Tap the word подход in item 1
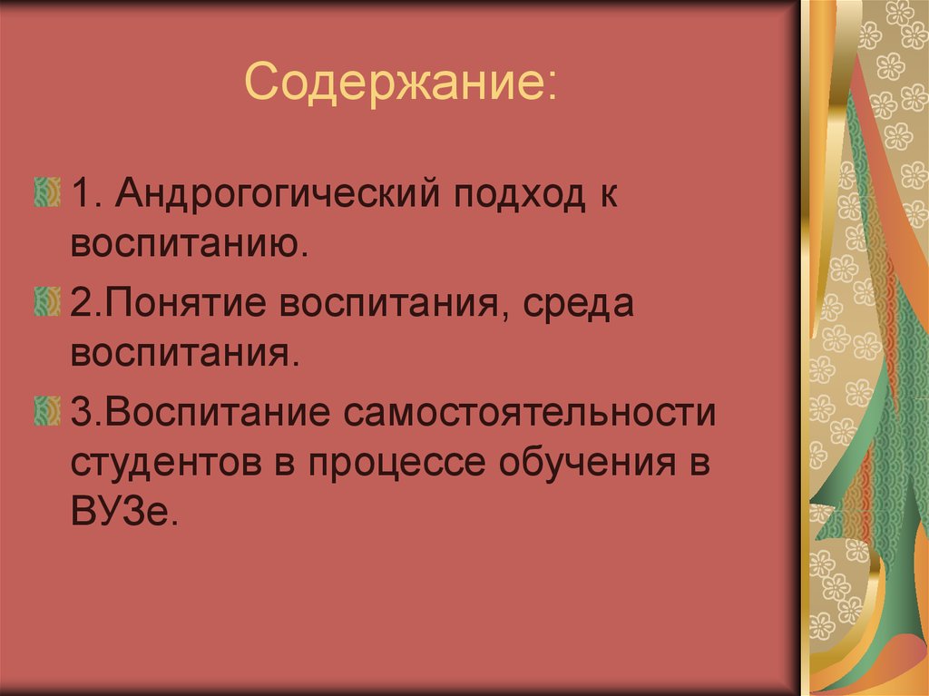pyautogui.click(x=507, y=197)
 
